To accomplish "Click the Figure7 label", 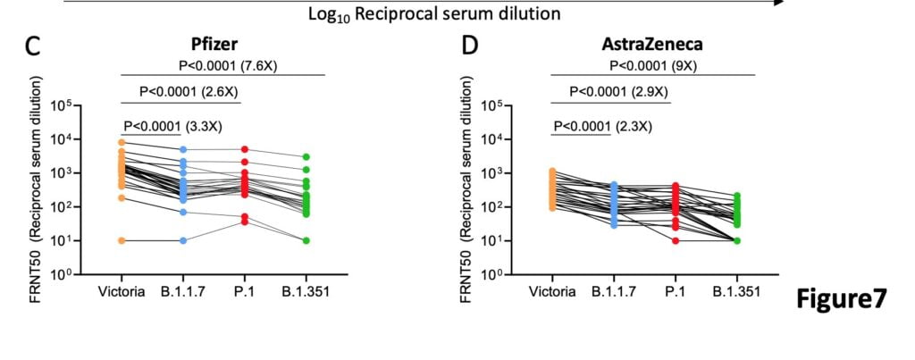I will [x=844, y=299].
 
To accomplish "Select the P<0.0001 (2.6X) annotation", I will [x=189, y=91].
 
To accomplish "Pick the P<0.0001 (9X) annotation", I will [x=651, y=65].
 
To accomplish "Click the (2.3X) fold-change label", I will [x=634, y=126].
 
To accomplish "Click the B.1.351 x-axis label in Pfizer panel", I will [x=305, y=290].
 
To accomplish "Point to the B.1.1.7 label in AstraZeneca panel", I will [x=615, y=290].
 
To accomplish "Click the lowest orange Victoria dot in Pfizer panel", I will [x=122, y=240].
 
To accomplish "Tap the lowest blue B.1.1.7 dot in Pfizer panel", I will [x=183, y=240].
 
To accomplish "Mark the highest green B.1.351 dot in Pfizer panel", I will [x=306, y=157].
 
